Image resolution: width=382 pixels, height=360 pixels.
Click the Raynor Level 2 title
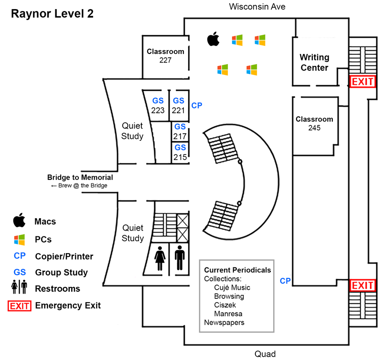click(x=52, y=14)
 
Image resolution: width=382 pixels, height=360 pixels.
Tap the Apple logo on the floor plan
click(x=212, y=39)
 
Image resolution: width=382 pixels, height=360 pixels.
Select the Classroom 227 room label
click(x=165, y=55)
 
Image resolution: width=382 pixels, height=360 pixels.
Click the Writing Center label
click(x=314, y=63)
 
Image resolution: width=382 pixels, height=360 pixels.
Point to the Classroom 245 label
click(x=314, y=123)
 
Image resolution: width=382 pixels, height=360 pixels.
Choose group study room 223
click(x=158, y=106)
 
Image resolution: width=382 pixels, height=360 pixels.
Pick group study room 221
click(x=179, y=106)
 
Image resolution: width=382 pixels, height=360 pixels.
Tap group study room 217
click(x=180, y=131)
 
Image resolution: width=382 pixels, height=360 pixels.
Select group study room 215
click(x=180, y=151)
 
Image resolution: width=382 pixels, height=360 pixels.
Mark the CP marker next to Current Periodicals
click(x=286, y=281)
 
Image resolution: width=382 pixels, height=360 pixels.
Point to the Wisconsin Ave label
click(x=257, y=7)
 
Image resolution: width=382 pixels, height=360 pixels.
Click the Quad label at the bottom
click(x=265, y=354)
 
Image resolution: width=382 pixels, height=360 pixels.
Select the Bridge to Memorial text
click(x=80, y=177)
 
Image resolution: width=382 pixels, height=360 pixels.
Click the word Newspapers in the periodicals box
click(x=224, y=322)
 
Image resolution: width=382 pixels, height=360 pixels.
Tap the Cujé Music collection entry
click(x=232, y=287)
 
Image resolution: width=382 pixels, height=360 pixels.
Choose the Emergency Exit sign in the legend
click(x=19, y=306)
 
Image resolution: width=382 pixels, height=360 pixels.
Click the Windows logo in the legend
click(x=19, y=240)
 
